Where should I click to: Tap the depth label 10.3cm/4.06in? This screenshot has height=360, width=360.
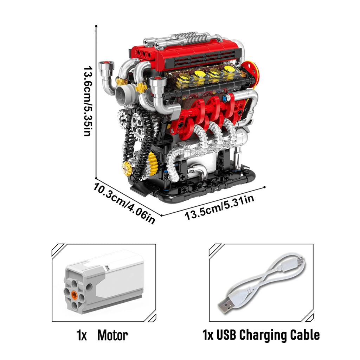124,202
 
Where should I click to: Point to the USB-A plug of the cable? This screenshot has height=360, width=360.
225,306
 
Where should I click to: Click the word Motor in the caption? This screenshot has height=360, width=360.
112,335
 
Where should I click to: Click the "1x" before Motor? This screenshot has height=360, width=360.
82,335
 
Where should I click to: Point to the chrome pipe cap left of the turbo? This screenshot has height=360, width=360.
106,66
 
